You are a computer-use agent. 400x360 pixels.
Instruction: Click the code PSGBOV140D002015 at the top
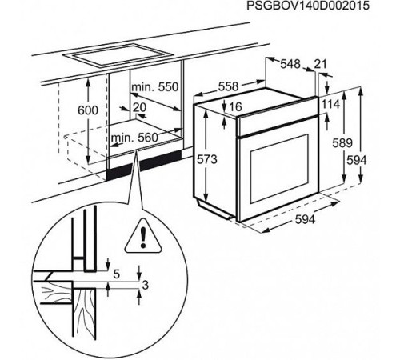pyautogui.click(x=308, y=6)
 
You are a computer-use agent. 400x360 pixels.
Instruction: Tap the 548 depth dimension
pyautogui.click(x=290, y=64)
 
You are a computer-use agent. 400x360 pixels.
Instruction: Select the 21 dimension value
pyautogui.click(x=320, y=64)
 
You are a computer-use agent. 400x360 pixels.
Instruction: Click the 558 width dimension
pyautogui.click(x=228, y=86)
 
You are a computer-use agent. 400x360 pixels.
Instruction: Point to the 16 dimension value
pyautogui.click(x=235, y=107)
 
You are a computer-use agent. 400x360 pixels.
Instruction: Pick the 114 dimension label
pyautogui.click(x=330, y=104)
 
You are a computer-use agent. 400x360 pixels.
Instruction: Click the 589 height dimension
pyautogui.click(x=342, y=143)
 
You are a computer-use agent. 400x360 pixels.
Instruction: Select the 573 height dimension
pyautogui.click(x=207, y=160)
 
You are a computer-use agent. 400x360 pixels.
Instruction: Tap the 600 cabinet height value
pyautogui.click(x=88, y=110)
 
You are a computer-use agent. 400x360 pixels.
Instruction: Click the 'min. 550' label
pyautogui.click(x=155, y=87)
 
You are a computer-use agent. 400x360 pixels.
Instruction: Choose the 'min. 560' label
pyautogui.click(x=134, y=138)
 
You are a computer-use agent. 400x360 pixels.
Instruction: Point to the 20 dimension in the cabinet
pyautogui.click(x=140, y=107)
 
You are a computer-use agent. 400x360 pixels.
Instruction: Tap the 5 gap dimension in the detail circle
pyautogui.click(x=117, y=274)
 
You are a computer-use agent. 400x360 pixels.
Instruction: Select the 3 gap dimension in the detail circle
pyautogui.click(x=146, y=286)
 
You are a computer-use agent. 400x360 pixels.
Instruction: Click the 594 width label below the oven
pyautogui.click(x=306, y=219)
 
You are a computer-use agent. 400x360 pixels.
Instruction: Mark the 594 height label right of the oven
pyautogui.click(x=357, y=160)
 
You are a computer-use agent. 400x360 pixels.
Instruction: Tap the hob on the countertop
pyautogui.click(x=118, y=56)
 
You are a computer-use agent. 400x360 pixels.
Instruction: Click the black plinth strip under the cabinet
pyautogui.click(x=144, y=165)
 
